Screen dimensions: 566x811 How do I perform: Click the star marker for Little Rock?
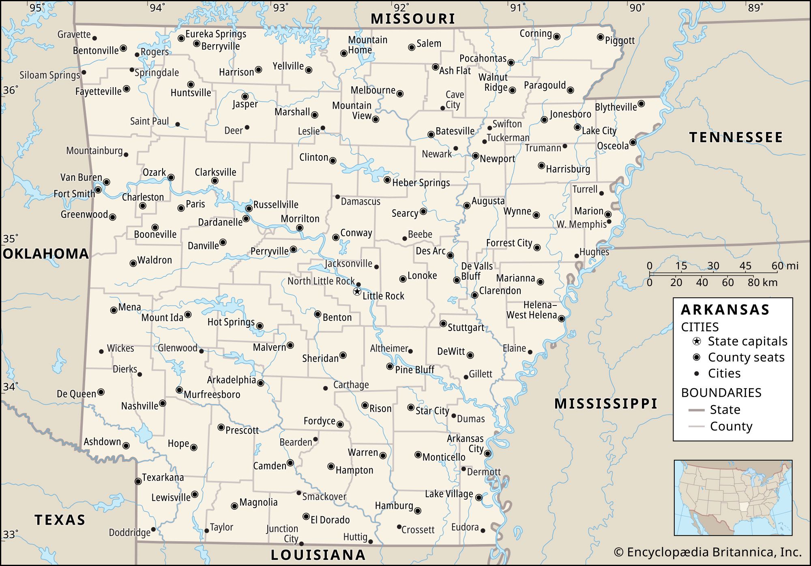coord(357,291)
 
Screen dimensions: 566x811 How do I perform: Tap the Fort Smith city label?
coord(74,194)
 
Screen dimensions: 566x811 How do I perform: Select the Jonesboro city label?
coord(570,114)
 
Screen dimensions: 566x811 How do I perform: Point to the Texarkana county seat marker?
coord(138,482)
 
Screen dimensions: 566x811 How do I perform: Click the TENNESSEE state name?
coord(736,137)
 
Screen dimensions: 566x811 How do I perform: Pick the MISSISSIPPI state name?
coord(605,404)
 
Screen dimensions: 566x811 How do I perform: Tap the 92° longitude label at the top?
coord(401,8)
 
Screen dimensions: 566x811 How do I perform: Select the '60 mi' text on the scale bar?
coord(785,266)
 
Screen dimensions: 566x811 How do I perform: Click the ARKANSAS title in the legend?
coord(725,310)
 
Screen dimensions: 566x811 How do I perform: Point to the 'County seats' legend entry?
coord(746,357)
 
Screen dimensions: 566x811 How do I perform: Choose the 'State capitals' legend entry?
coord(747,342)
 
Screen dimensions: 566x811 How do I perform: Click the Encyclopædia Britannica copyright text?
coord(708,552)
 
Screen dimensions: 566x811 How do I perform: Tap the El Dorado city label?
coord(330,520)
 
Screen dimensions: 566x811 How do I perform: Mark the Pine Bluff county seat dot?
coord(390,367)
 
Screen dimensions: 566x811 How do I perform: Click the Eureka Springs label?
coord(216,34)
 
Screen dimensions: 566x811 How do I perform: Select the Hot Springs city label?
coord(231,322)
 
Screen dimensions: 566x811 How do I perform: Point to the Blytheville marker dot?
coord(641,104)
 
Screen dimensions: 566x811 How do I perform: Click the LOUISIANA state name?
coord(318,555)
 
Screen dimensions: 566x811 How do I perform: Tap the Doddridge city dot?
coord(153,530)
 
